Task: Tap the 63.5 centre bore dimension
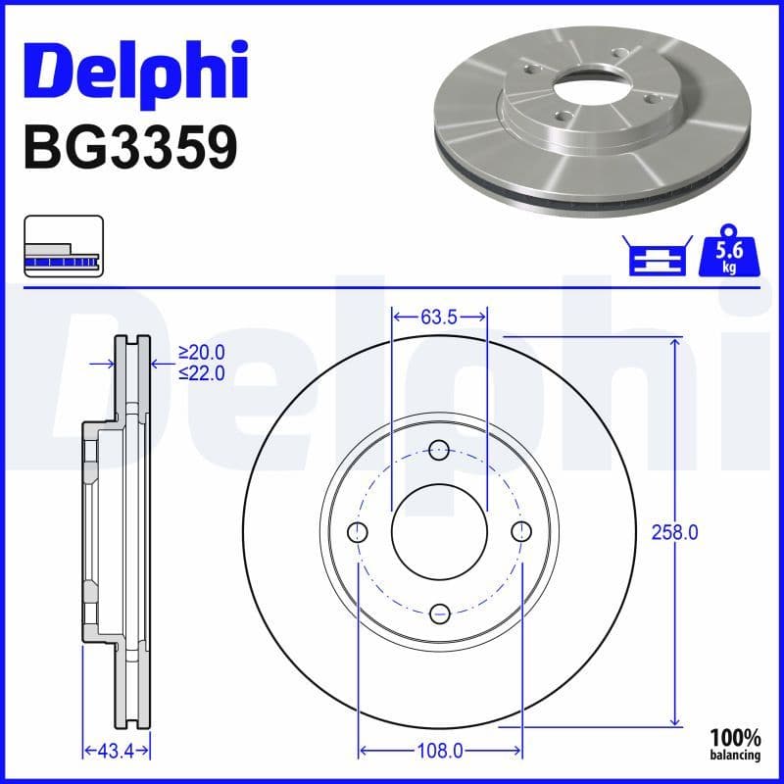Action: [x=439, y=317]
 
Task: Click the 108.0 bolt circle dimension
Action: [x=439, y=752]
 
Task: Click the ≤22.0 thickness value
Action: [x=201, y=372]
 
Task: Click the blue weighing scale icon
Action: [x=656, y=257]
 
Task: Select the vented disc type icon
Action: [x=62, y=245]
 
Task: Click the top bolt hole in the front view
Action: [x=439, y=451]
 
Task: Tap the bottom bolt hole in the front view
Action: [x=439, y=612]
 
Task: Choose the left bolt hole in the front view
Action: [x=359, y=532]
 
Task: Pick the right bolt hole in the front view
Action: [x=520, y=532]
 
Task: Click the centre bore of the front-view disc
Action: [x=439, y=532]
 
